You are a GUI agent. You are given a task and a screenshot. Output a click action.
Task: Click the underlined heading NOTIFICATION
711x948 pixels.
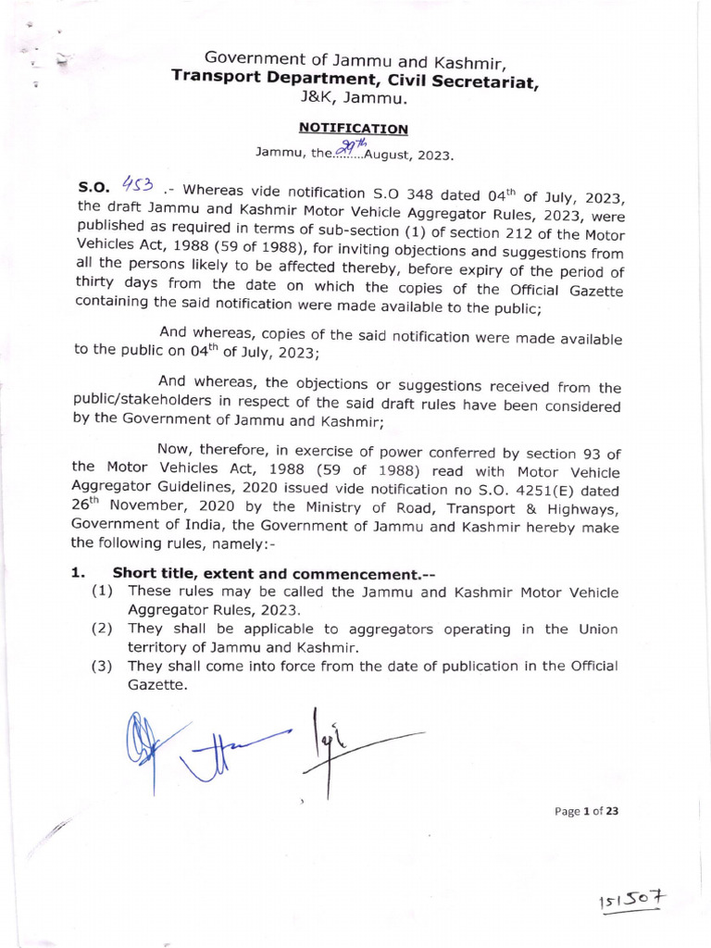(x=352, y=129)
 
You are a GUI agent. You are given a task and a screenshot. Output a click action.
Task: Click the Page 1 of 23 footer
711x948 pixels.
(x=586, y=811)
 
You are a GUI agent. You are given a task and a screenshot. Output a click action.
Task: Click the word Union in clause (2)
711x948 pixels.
(x=595, y=630)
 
